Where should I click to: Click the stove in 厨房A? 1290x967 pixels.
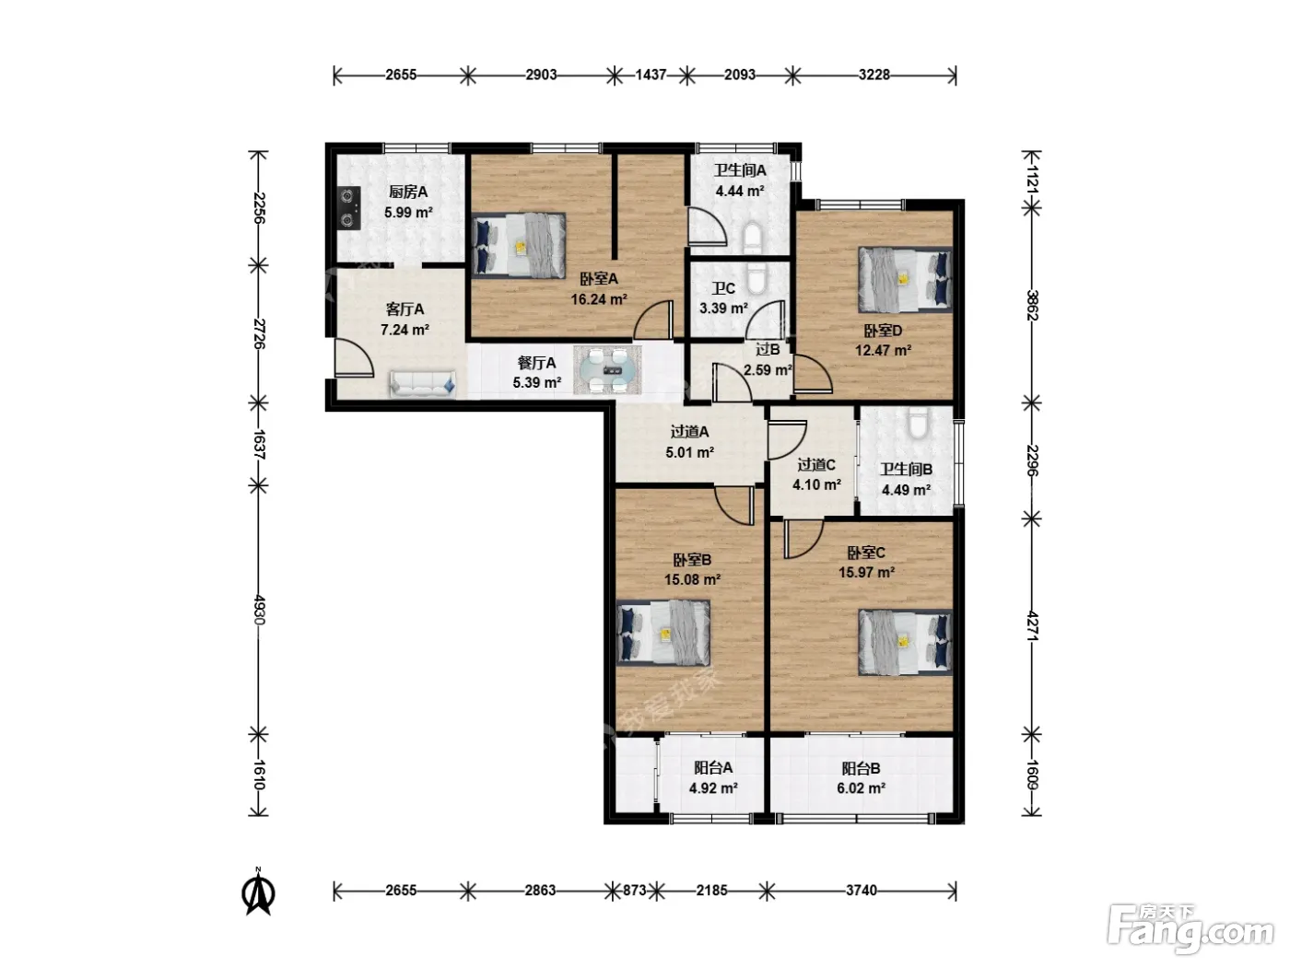(351, 207)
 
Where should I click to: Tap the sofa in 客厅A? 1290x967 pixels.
(422, 384)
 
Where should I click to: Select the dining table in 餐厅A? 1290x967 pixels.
(607, 370)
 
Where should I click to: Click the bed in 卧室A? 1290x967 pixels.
(519, 244)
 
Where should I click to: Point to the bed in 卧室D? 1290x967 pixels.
(905, 279)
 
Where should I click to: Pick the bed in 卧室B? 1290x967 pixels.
(663, 633)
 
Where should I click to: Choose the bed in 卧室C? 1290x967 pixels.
(905, 642)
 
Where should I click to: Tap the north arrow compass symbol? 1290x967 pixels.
(258, 893)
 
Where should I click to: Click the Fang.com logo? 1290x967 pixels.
(1190, 928)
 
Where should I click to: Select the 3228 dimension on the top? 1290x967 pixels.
(874, 76)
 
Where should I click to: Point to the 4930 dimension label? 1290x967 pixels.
(259, 611)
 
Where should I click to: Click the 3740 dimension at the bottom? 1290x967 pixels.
(861, 891)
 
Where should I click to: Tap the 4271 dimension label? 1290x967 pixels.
(1032, 626)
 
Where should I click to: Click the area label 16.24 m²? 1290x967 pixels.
(599, 299)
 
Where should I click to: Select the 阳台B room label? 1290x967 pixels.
(861, 768)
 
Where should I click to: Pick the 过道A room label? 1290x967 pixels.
(689, 432)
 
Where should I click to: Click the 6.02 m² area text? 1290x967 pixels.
(861, 788)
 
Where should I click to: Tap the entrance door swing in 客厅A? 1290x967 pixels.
(354, 357)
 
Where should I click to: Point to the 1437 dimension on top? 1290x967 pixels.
(651, 76)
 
